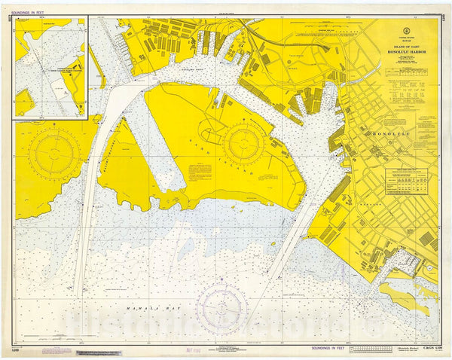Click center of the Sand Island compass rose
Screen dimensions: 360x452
click(x=243, y=143)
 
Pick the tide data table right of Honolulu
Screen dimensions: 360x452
click(x=411, y=181)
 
